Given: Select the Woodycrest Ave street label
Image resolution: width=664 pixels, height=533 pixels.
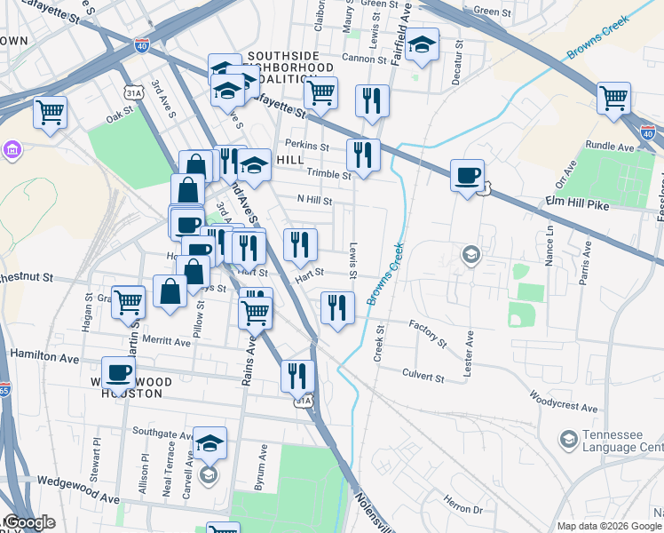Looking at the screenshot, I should (x=565, y=400).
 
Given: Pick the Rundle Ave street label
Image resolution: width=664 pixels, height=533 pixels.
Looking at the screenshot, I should (x=612, y=147).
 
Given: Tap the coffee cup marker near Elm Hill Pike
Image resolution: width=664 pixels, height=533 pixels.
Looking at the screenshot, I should (x=467, y=175).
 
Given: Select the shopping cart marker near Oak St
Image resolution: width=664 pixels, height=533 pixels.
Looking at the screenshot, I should (x=51, y=113).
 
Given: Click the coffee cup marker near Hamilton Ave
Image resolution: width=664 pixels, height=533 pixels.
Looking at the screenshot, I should (x=118, y=373).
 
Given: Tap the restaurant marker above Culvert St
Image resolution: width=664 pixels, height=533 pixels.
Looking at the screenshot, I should (x=336, y=308).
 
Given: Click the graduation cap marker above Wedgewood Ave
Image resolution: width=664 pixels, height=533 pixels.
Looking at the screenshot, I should (x=209, y=442).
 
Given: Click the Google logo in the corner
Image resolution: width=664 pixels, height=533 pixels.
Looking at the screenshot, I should (x=28, y=522).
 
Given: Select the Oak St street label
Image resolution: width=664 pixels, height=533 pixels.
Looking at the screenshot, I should (x=118, y=116).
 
